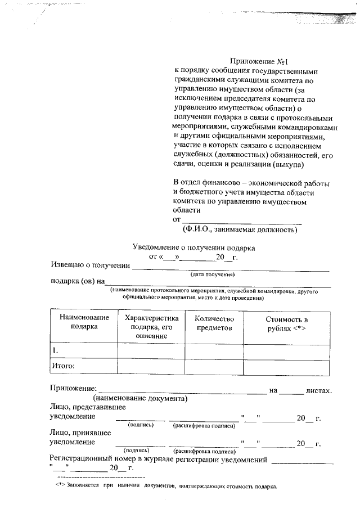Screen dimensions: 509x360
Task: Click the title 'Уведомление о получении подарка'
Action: pyautogui.click(x=193, y=247)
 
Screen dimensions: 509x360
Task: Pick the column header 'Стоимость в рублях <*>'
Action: pyautogui.click(x=286, y=323)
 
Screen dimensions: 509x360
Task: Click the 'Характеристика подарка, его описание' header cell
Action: pyautogui.click(x=151, y=327)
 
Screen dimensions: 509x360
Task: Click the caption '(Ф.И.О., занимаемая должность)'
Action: pyautogui.click(x=239, y=229)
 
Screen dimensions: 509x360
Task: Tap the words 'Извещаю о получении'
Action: pyautogui.click(x=90, y=264)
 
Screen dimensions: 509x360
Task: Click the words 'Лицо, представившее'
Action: pyautogui.click(x=87, y=407)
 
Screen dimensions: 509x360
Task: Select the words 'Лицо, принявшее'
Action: pyautogui.click(x=81, y=433)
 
